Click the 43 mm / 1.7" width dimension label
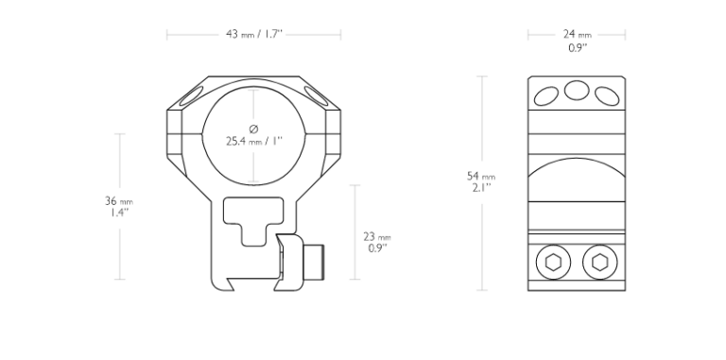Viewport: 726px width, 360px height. [x=253, y=34]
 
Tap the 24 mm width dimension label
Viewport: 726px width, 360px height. [x=578, y=34]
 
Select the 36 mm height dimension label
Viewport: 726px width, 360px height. [x=119, y=201]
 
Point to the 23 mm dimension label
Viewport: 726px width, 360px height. [x=377, y=237]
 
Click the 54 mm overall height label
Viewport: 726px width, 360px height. [x=481, y=177]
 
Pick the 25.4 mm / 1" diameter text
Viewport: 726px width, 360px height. [x=253, y=141]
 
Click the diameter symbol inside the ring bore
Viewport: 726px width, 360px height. [x=253, y=129]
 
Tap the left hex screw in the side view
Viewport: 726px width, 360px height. [x=553, y=263]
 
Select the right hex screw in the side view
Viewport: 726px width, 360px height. [x=600, y=263]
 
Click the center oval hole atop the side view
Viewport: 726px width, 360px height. [x=577, y=90]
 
